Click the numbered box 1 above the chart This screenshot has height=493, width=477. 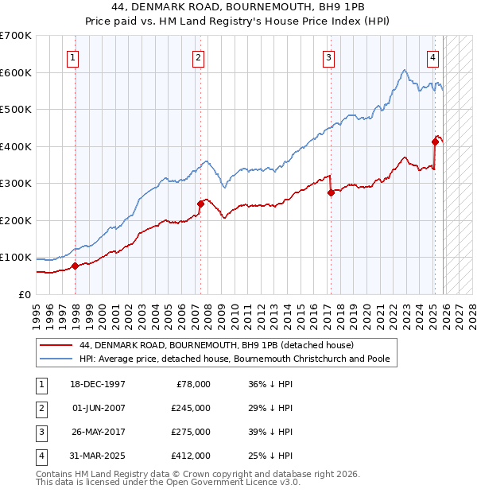tap(73, 56)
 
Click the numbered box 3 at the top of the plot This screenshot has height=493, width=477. tap(328, 56)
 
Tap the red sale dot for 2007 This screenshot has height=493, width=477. tap(200, 204)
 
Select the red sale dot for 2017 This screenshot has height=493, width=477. tap(331, 192)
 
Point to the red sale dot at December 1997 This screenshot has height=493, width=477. tap(75, 266)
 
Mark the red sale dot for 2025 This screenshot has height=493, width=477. tap(435, 142)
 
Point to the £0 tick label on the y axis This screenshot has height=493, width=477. tap(23, 294)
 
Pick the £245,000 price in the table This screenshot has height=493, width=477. tap(192, 408)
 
